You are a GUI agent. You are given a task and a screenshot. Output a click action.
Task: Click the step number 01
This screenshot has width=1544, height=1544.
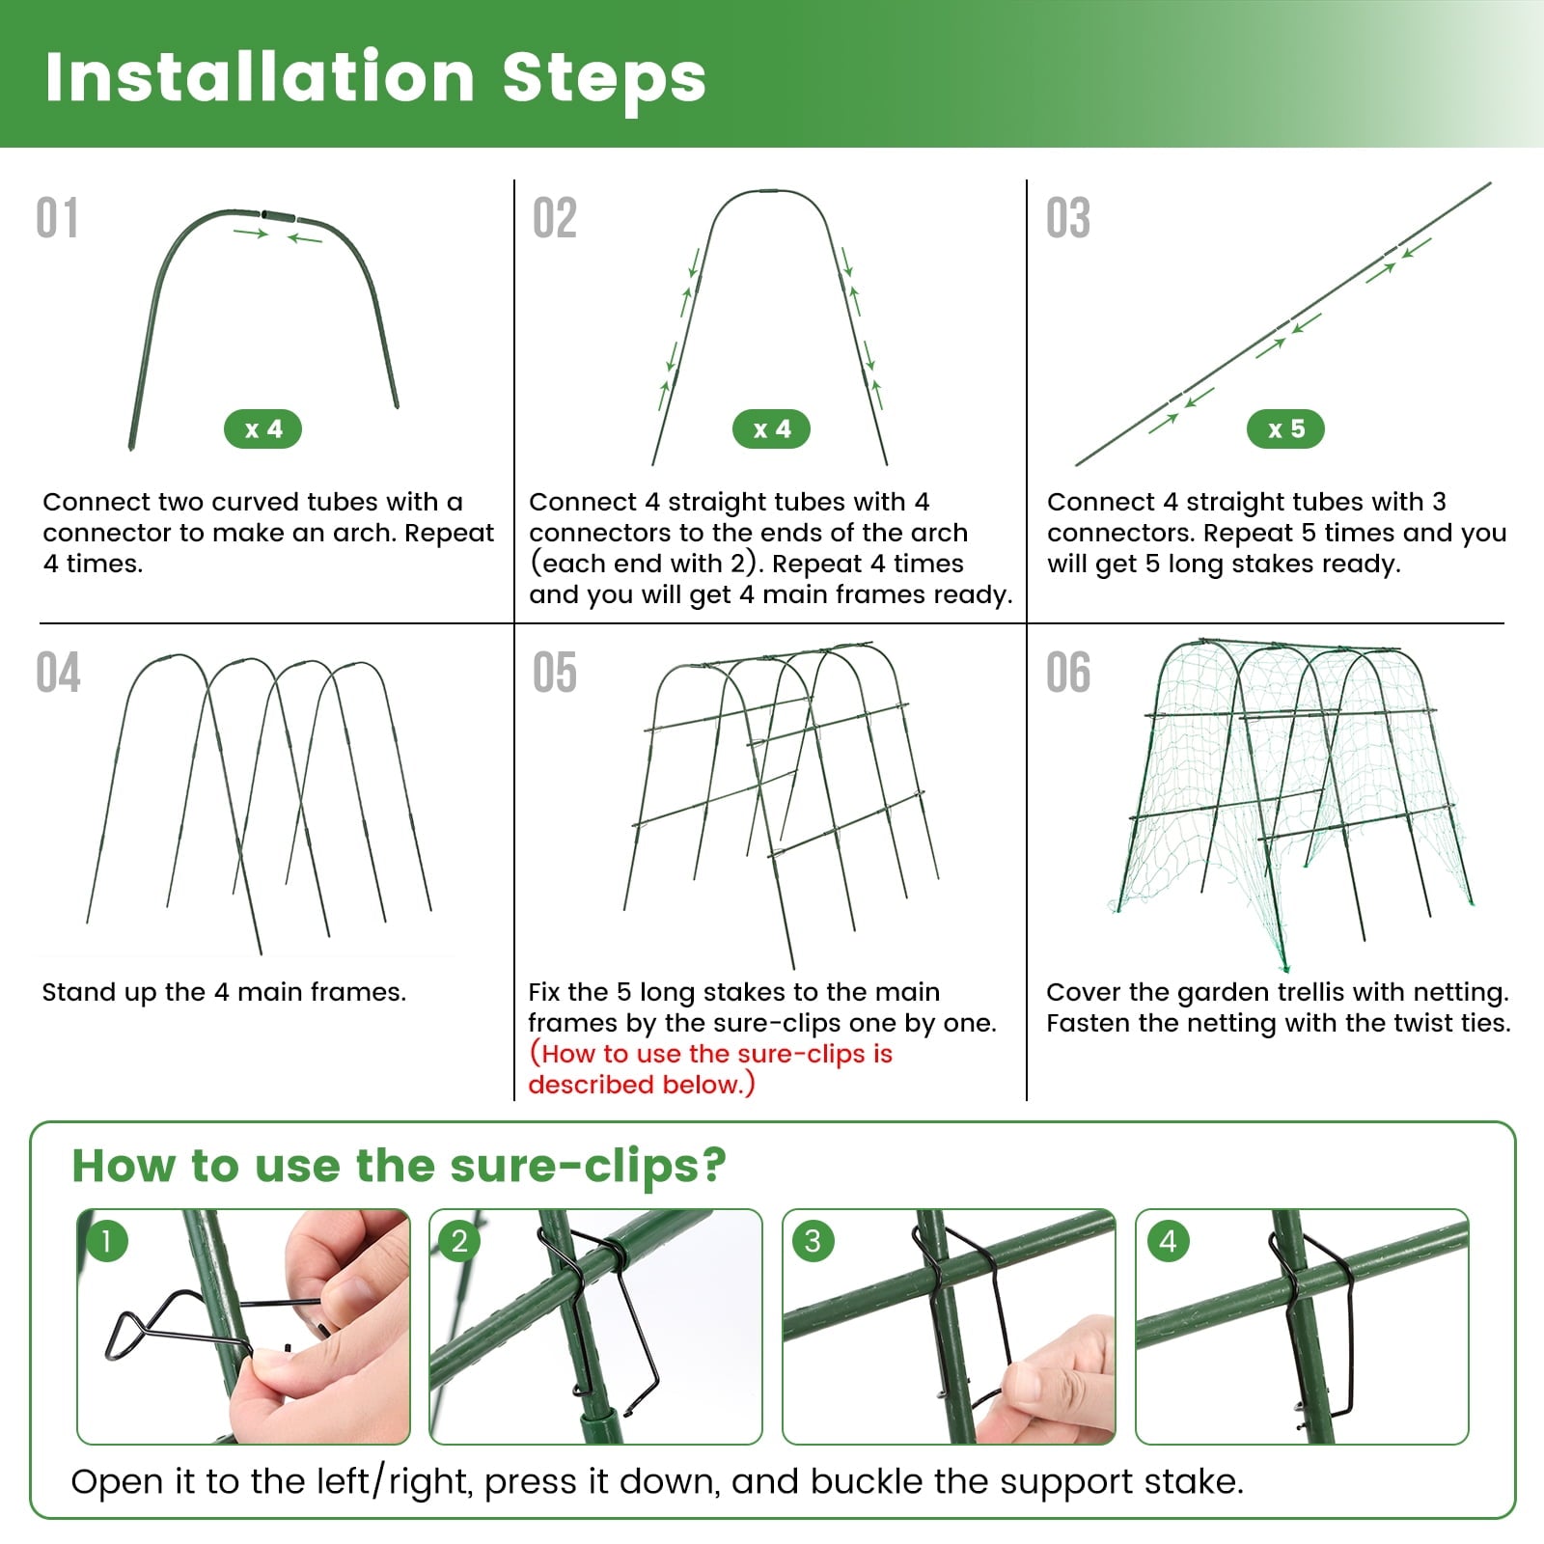[57, 218]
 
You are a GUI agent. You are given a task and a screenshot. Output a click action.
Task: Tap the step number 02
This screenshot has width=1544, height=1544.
[555, 218]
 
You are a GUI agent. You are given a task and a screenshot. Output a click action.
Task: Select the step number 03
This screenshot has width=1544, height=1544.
[1068, 218]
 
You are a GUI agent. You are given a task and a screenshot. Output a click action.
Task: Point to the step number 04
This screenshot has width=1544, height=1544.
[58, 673]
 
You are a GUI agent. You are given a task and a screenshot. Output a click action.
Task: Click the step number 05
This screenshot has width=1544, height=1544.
[555, 673]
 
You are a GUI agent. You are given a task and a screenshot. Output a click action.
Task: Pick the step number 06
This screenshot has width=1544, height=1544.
[1068, 673]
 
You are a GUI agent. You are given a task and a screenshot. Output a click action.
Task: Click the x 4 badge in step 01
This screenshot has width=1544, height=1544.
[262, 429]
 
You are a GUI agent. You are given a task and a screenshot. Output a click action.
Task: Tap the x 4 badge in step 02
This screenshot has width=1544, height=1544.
[771, 429]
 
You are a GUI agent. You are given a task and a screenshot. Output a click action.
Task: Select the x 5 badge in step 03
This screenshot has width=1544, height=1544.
[1285, 429]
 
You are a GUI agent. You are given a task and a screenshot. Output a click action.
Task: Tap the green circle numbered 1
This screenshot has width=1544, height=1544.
[106, 1241]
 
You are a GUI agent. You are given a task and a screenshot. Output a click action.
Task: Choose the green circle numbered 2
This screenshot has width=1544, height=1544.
[459, 1241]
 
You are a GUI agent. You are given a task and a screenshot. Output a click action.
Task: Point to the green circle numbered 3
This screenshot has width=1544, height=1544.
[813, 1241]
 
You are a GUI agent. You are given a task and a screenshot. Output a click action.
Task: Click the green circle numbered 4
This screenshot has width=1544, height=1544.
[1168, 1241]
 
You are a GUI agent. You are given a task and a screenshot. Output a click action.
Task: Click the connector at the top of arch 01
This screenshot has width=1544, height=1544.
[279, 213]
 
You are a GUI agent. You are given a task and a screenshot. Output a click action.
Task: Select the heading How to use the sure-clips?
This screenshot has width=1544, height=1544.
[399, 1166]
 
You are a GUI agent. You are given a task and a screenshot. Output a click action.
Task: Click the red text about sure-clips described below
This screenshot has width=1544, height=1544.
[710, 1068]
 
